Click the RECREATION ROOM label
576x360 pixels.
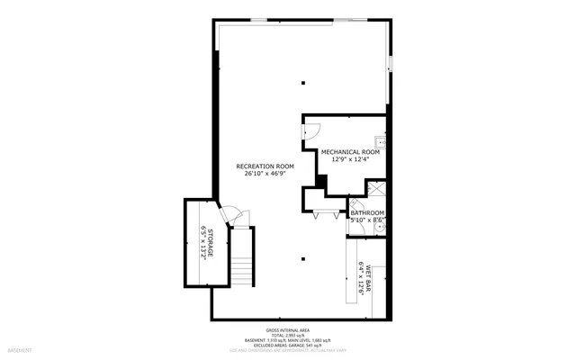(265, 166)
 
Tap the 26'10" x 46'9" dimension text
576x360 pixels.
(265, 175)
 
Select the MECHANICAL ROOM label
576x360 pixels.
(350, 152)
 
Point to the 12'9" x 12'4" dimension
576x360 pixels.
(350, 160)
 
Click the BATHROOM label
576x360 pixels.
(367, 212)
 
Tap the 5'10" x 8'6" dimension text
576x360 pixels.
(367, 220)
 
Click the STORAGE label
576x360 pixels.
(211, 243)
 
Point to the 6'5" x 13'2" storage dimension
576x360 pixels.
(202, 243)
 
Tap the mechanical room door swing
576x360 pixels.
(311, 130)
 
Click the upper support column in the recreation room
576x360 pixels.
(303, 80)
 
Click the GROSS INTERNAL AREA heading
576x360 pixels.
(287, 330)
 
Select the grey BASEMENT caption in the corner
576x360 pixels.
(20, 349)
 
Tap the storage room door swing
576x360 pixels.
(231, 216)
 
